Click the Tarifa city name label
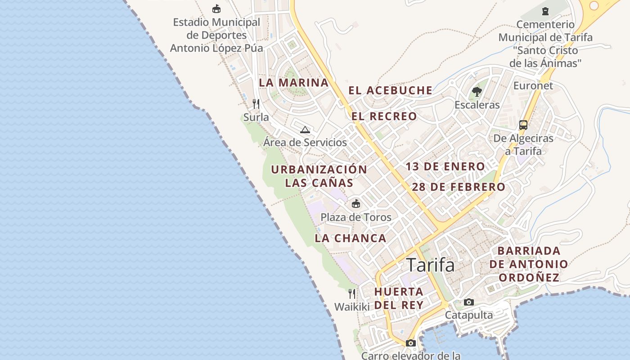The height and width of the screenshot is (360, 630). (430, 265)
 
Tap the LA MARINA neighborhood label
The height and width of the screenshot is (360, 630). (294, 83)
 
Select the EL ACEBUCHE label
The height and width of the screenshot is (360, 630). (390, 90)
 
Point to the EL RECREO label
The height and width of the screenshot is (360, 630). (384, 117)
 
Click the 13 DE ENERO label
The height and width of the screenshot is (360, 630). (445, 166)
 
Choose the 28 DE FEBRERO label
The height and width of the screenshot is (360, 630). (459, 187)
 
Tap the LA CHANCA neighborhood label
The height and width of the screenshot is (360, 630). (351, 238)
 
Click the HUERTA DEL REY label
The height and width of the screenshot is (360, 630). (399, 298)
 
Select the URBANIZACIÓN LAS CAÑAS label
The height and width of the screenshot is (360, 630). (319, 176)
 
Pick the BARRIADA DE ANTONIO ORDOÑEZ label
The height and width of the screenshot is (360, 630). (529, 264)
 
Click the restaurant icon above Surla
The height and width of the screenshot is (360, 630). (256, 104)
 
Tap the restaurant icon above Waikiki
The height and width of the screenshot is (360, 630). (352, 294)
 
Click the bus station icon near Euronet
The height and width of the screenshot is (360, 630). (523, 125)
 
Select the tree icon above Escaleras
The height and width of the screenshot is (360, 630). (477, 92)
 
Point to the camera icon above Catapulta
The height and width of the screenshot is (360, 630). (469, 302)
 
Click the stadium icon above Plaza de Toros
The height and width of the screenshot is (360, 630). (356, 203)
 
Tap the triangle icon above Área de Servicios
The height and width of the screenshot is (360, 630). (305, 130)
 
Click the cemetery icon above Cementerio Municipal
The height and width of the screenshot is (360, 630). (545, 11)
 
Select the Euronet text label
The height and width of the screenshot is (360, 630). (533, 85)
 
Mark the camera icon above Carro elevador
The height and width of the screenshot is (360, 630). (410, 343)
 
